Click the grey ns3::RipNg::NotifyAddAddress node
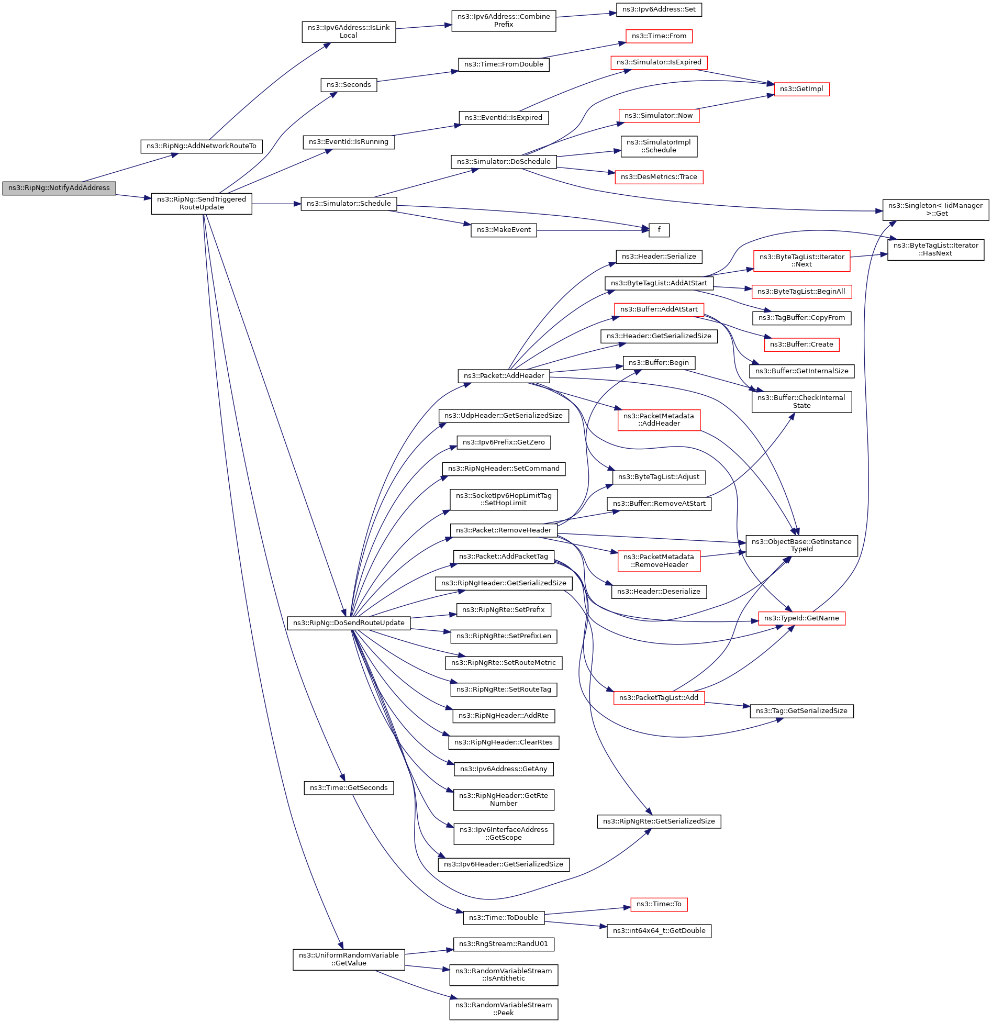click(59, 188)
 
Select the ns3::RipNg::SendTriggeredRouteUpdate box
click(202, 203)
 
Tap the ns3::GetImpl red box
click(801, 89)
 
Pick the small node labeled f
click(659, 230)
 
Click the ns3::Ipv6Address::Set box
click(659, 9)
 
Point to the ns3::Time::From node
click(659, 36)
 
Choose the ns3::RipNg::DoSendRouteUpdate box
click(349, 623)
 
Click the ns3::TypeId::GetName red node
click(801, 618)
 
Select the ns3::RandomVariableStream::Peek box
click(504, 1009)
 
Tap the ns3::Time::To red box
click(659, 904)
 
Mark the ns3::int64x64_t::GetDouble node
click(659, 931)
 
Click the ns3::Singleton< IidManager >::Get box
click(935, 209)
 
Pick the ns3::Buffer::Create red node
click(801, 344)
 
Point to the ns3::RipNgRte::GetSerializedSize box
click(659, 821)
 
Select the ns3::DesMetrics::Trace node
click(659, 177)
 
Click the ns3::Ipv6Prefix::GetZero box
click(504, 442)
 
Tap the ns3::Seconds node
click(349, 85)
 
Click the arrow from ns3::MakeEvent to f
click(592, 230)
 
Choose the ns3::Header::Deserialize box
click(659, 592)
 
